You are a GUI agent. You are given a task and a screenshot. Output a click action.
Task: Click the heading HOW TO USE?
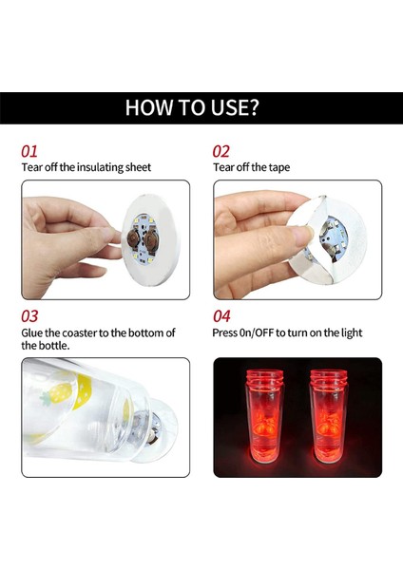tap(192, 107)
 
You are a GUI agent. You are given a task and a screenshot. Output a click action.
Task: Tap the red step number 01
tap(29, 151)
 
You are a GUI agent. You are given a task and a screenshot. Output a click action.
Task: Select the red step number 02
tap(221, 151)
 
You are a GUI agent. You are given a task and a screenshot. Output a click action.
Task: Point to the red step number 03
tap(29, 316)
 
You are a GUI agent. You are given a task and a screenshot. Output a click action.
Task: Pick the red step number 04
tap(221, 316)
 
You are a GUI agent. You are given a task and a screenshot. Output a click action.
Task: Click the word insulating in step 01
tap(100, 167)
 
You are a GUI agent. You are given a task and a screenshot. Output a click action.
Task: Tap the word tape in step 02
tap(279, 167)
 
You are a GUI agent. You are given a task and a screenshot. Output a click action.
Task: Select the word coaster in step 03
tap(79, 332)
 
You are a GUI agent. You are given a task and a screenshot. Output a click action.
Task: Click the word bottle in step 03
tap(56, 345)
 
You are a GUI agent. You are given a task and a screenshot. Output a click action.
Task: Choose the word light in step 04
tap(351, 333)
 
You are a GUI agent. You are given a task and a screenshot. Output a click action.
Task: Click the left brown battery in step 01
tap(133, 240)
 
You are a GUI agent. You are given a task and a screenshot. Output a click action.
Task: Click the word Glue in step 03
tap(32, 332)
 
